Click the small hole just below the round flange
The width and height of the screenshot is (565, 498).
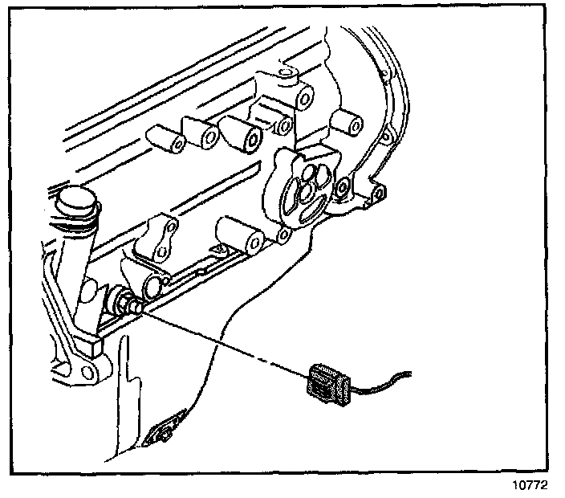click(282, 235)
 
